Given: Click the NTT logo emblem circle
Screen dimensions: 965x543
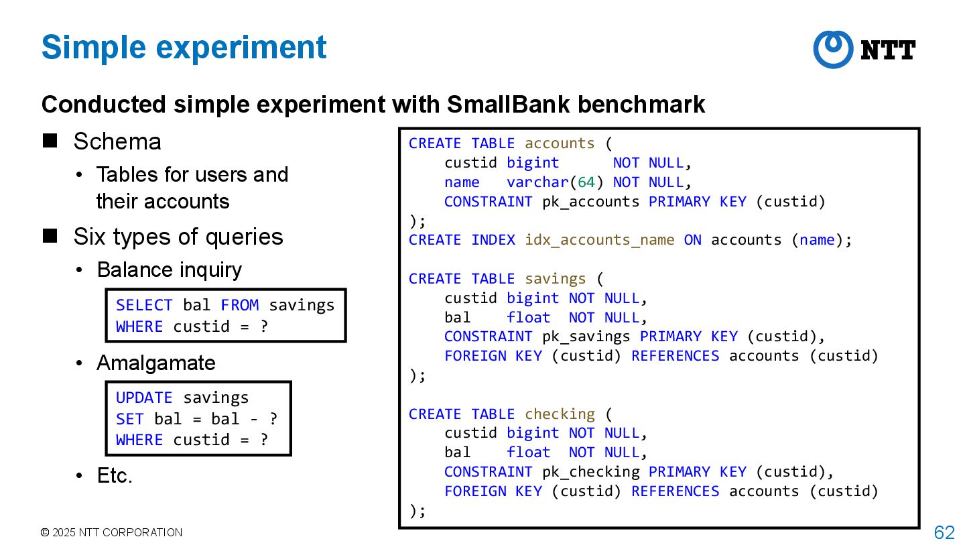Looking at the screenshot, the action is pyautogui.click(x=833, y=49).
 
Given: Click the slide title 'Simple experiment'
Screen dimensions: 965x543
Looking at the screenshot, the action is pyautogui.click(x=184, y=48).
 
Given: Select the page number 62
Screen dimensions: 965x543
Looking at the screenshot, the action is pyautogui.click(x=944, y=532).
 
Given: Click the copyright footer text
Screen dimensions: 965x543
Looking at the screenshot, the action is pyautogui.click(x=111, y=532).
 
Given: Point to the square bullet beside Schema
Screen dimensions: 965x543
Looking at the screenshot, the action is pyautogui.click(x=50, y=141).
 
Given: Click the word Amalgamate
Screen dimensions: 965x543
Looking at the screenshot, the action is pyautogui.click(x=156, y=363).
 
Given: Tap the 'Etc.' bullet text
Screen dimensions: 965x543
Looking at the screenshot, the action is pyautogui.click(x=115, y=475).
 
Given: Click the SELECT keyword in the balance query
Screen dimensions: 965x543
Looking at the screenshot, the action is pyautogui.click(x=144, y=306).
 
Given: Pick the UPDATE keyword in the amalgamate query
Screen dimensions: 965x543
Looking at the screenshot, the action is pyautogui.click(x=144, y=398).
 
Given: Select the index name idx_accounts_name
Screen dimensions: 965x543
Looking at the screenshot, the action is pyautogui.click(x=599, y=240).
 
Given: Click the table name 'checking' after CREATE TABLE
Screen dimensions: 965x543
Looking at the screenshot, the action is pyautogui.click(x=560, y=414).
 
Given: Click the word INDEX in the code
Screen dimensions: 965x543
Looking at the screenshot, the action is pyautogui.click(x=493, y=240).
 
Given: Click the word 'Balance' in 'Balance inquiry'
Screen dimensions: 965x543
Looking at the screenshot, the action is pyautogui.click(x=130, y=269).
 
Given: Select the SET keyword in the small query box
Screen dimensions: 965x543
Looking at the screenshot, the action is pyautogui.click(x=129, y=419).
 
